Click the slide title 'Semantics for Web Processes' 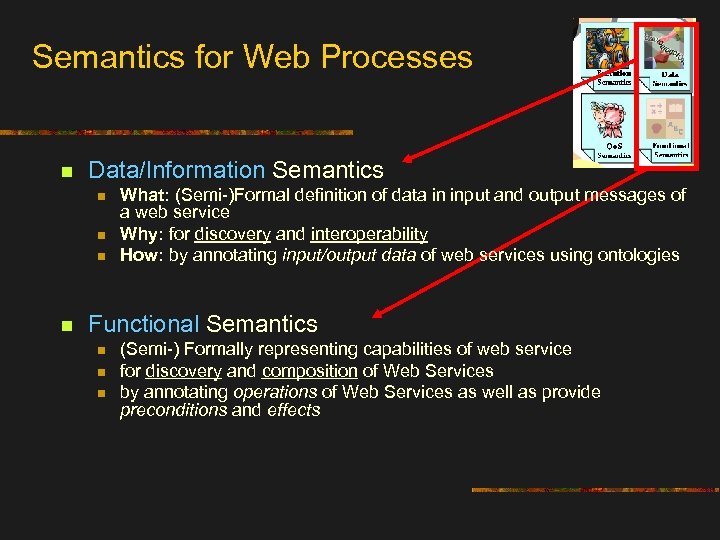[252, 56]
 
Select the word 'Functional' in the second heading [144, 324]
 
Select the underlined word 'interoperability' [369, 234]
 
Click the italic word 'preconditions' [174, 410]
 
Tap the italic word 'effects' [293, 410]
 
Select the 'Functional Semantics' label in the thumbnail [671, 150]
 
